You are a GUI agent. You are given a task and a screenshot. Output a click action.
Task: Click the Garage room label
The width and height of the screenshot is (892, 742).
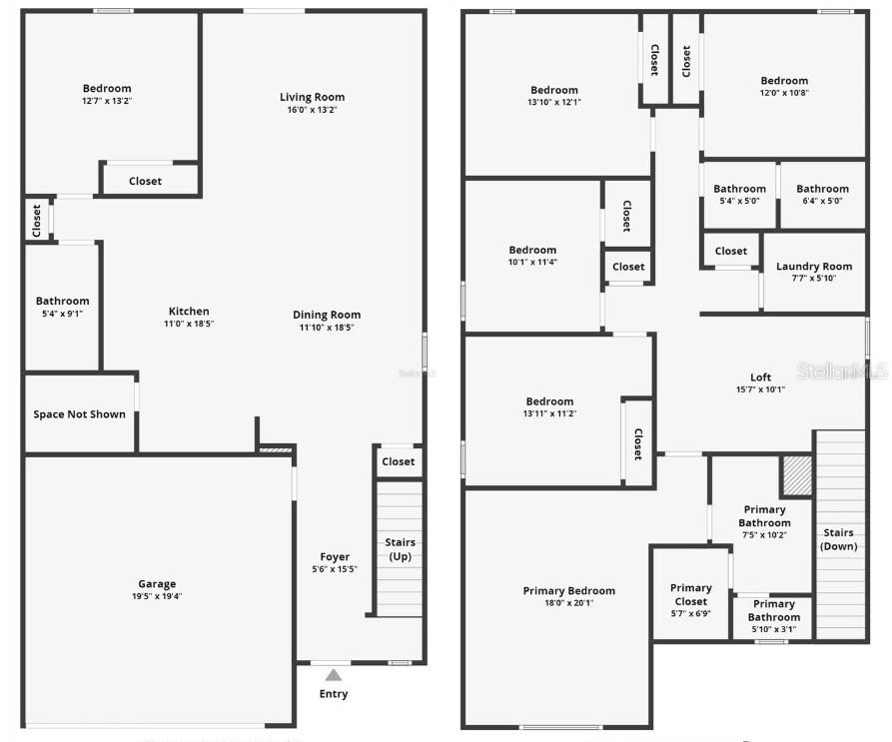(x=157, y=584)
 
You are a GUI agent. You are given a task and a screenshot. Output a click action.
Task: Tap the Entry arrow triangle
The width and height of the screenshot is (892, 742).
(x=334, y=676)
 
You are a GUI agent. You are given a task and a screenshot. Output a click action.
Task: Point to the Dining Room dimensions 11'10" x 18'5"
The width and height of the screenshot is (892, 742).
(x=327, y=328)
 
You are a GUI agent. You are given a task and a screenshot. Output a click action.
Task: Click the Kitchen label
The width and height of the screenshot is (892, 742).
(x=189, y=312)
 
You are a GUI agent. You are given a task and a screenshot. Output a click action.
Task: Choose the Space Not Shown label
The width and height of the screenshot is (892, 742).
(x=80, y=414)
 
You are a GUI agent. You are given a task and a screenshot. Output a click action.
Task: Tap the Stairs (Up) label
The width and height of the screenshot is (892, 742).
(x=400, y=549)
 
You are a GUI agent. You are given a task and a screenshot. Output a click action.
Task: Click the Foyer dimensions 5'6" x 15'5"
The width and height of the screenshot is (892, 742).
(x=335, y=569)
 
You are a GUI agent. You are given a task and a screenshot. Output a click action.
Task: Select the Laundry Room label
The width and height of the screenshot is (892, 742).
(x=814, y=267)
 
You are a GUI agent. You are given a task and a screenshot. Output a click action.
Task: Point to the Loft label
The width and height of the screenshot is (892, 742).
(x=761, y=377)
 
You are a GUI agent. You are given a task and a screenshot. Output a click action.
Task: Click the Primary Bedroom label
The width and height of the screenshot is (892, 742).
(x=569, y=591)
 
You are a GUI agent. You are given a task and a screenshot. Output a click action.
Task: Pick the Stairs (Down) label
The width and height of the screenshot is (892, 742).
(x=838, y=539)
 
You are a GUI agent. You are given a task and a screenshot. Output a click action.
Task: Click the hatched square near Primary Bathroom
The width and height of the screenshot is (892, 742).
(x=796, y=475)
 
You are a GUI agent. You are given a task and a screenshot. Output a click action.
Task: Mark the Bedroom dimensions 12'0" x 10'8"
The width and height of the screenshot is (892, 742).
(x=784, y=93)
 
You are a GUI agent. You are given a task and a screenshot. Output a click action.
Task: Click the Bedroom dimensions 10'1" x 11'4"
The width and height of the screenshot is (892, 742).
(x=532, y=263)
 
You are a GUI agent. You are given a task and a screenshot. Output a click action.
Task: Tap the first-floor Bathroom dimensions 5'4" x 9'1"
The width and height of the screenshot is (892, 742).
(x=62, y=313)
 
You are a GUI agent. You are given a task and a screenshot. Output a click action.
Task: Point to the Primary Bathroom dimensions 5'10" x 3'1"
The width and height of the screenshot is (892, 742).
(x=773, y=629)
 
